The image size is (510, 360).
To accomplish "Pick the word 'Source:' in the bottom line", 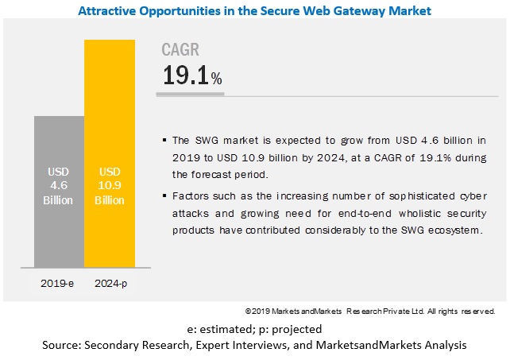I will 62,345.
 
